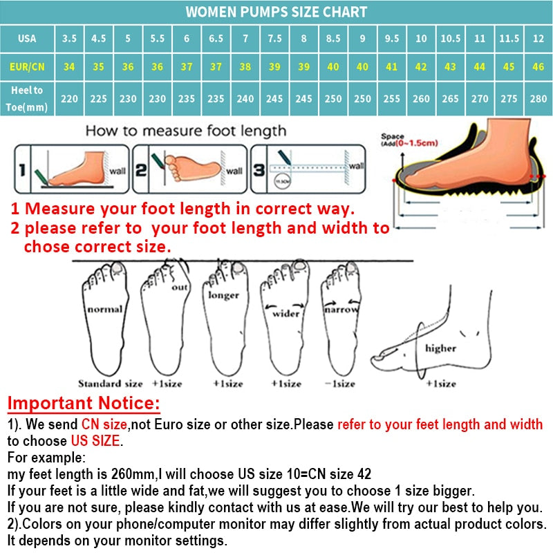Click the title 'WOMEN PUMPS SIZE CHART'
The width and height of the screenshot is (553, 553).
pos(276,12)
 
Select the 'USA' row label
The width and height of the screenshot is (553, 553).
pos(27,39)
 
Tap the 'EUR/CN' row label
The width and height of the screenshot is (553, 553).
pos(27,68)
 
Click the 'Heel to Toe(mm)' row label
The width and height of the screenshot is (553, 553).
pos(27,98)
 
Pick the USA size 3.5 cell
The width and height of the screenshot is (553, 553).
pos(69,39)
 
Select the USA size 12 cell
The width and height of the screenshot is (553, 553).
pos(538,39)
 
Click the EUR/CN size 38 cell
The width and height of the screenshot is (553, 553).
pos(245,68)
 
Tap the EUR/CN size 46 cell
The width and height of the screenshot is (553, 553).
pos(538,68)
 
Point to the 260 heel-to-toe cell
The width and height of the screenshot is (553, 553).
pos(421,99)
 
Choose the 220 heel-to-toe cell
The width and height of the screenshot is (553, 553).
pos(69,99)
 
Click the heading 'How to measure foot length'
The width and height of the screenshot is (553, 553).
pos(185,131)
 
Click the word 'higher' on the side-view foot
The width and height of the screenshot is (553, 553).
pos(440,348)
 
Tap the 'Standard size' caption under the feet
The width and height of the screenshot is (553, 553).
pos(110,384)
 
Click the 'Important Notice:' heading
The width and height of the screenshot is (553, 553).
pos(84,403)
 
